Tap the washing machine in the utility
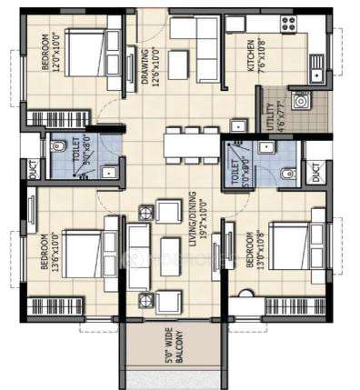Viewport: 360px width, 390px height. coord(300,101)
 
